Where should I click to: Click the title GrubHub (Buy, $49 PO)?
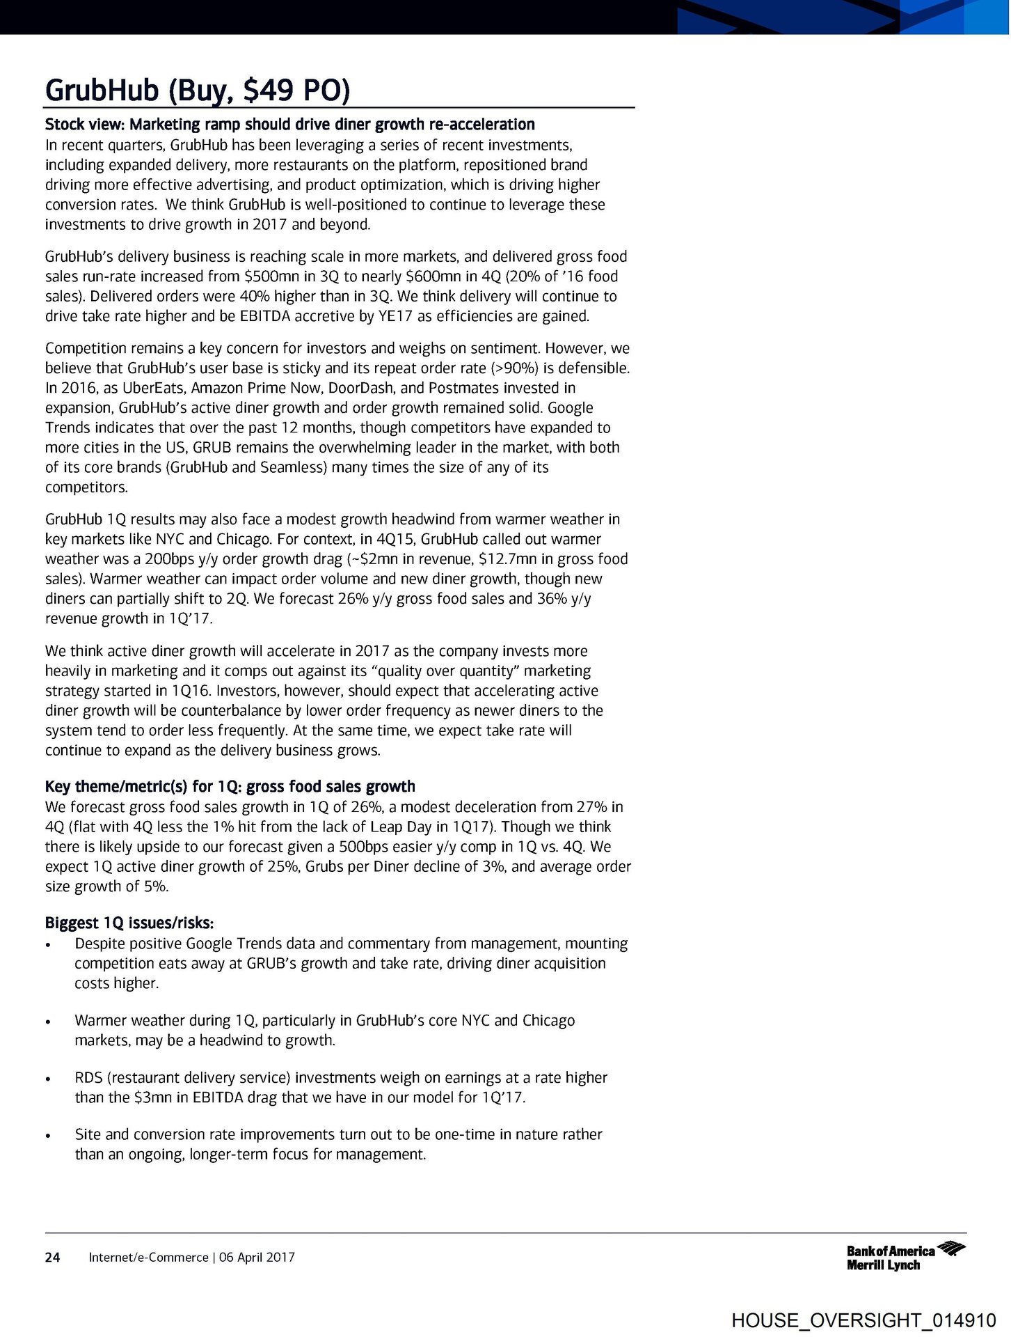point(197,91)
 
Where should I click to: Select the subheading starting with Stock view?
point(289,125)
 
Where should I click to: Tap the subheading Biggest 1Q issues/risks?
point(129,923)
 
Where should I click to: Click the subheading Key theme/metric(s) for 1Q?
point(230,786)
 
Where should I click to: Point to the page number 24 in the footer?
point(52,1257)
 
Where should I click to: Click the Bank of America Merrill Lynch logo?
point(905,1257)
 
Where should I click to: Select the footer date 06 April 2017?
point(257,1257)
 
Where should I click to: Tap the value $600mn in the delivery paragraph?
point(434,276)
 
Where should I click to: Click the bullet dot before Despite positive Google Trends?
point(47,946)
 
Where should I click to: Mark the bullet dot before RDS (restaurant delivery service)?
point(47,1079)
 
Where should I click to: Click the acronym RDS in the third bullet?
point(88,1078)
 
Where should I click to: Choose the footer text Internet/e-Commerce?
point(148,1257)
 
